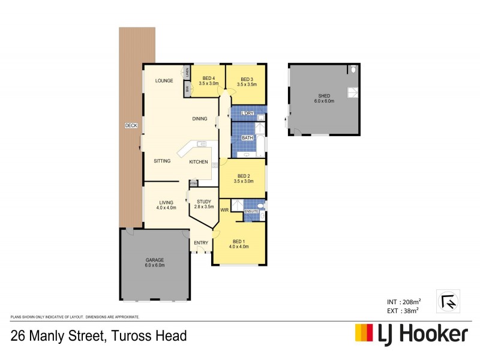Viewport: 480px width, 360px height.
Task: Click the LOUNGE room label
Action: (164, 80)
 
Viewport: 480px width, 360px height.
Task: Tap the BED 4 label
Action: (209, 78)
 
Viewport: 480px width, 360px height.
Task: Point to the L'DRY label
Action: (247, 113)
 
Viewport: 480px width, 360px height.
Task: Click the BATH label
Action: (247, 137)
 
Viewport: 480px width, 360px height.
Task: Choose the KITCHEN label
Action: (199, 162)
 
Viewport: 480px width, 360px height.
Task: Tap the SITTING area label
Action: (162, 161)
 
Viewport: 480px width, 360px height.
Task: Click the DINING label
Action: (200, 119)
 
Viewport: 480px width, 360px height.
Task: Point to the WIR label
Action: (224, 210)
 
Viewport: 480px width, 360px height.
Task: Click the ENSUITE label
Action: (251, 211)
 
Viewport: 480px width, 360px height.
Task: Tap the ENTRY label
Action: (200, 242)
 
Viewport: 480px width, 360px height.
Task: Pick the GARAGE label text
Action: (155, 260)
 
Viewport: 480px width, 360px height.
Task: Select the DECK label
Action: (131, 125)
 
